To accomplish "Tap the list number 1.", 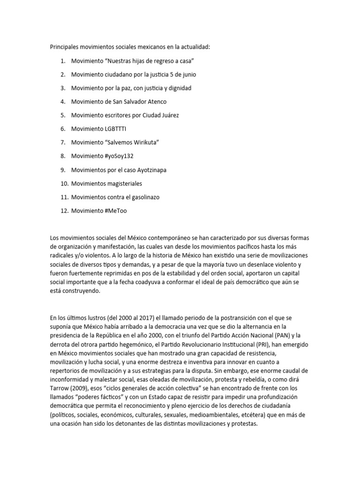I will tap(63, 61).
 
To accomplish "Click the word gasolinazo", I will tap(141, 197).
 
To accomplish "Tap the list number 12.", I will tap(64, 211).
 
